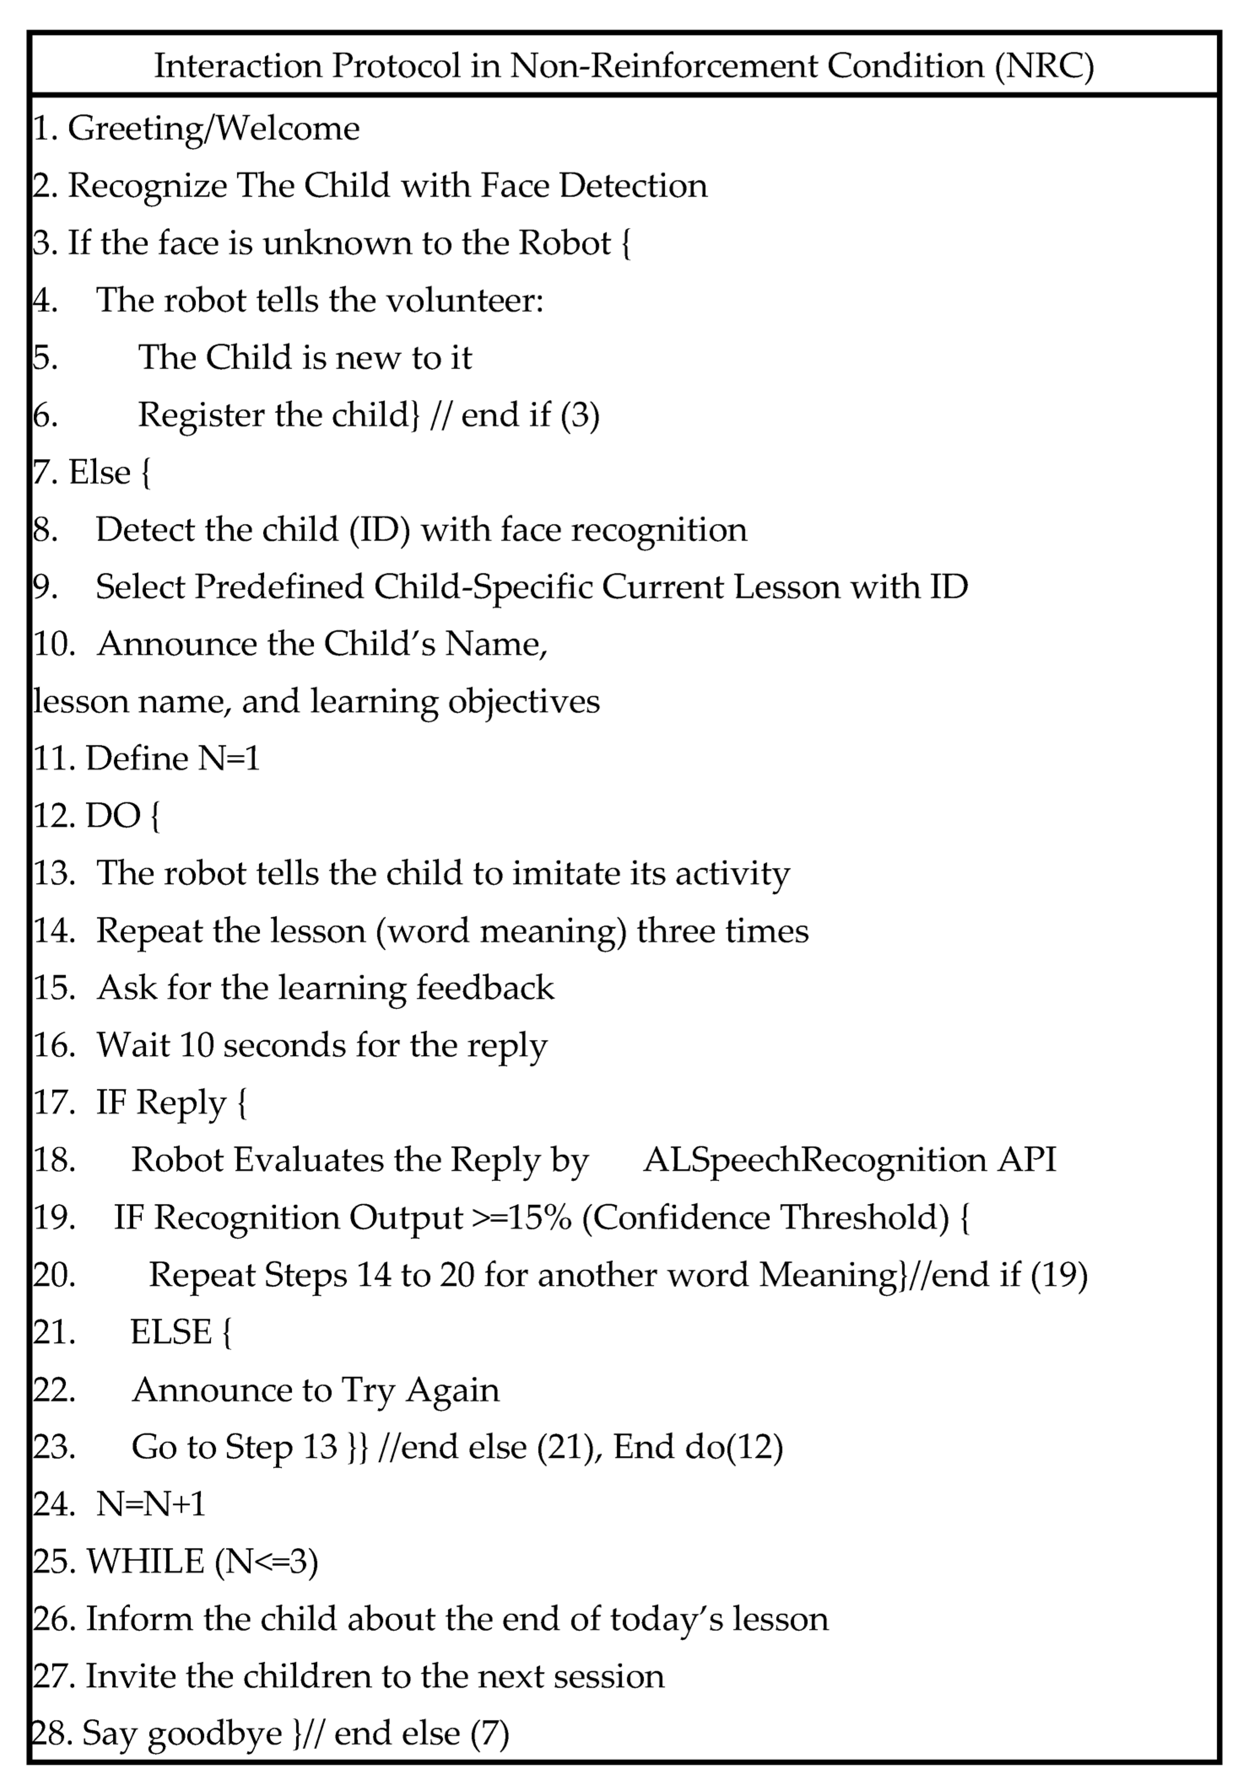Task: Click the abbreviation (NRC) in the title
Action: click(x=1044, y=66)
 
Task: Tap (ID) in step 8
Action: click(x=380, y=530)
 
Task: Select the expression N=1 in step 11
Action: click(x=228, y=758)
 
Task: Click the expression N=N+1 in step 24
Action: click(x=151, y=1504)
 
